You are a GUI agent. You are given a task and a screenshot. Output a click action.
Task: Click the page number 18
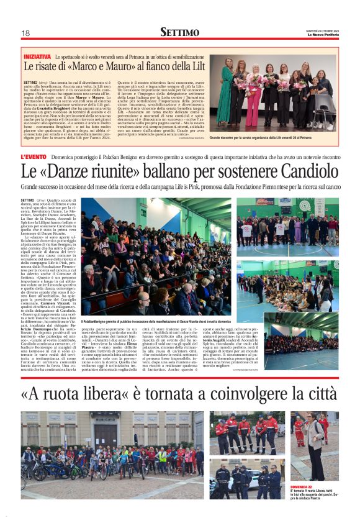click(25, 33)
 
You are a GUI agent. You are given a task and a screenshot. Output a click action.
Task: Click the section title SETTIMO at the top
click(179, 32)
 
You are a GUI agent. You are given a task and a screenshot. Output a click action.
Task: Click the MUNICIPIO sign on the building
click(105, 421)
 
